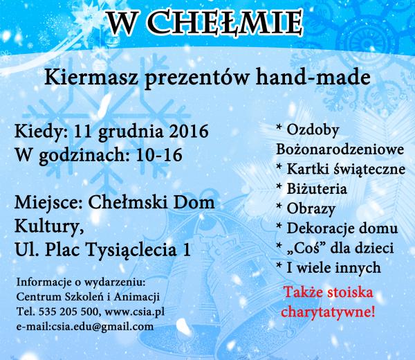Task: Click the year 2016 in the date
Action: [189, 131]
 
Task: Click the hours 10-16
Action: [159, 154]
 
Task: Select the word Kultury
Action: [49, 227]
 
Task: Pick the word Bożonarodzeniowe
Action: [340, 150]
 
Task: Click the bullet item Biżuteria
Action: [317, 189]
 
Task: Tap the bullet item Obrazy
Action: [311, 209]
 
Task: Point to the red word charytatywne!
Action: [328, 312]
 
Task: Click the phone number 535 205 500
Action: [68, 312]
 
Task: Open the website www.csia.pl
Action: [135, 312]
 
